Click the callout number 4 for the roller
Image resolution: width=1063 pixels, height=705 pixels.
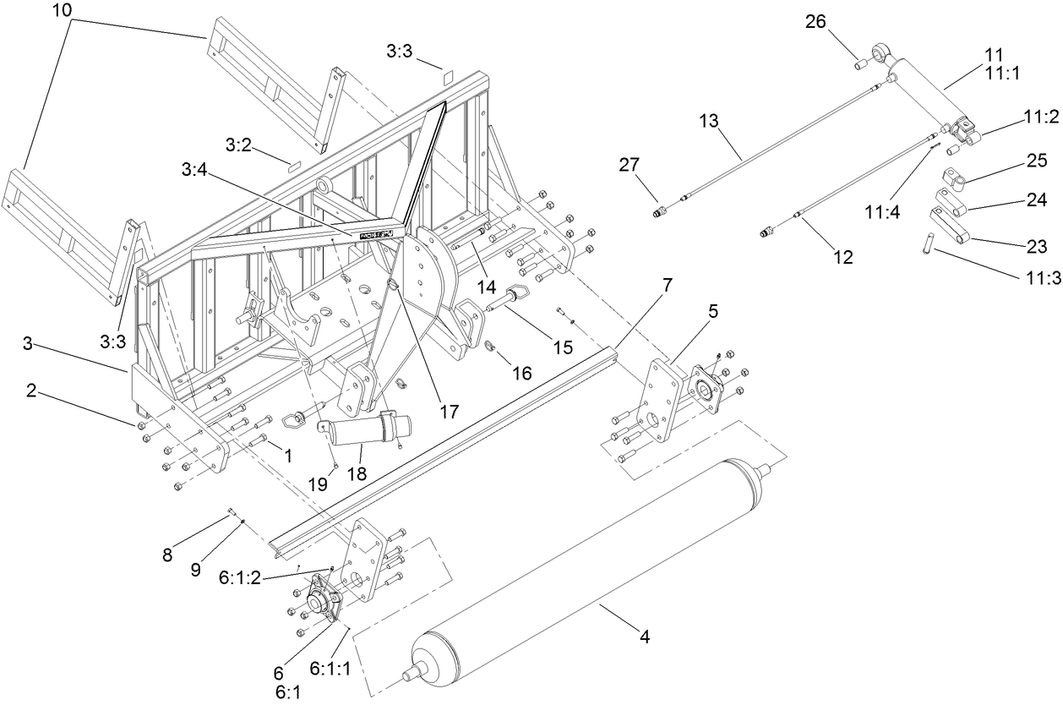tap(645, 637)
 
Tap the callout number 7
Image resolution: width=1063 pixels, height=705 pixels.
tap(667, 285)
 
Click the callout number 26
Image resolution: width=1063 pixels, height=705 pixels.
tap(816, 23)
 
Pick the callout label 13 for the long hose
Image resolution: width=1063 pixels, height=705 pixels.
tap(708, 122)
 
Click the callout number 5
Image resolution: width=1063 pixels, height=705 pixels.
tap(713, 311)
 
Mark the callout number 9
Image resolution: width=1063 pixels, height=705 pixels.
tap(195, 569)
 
